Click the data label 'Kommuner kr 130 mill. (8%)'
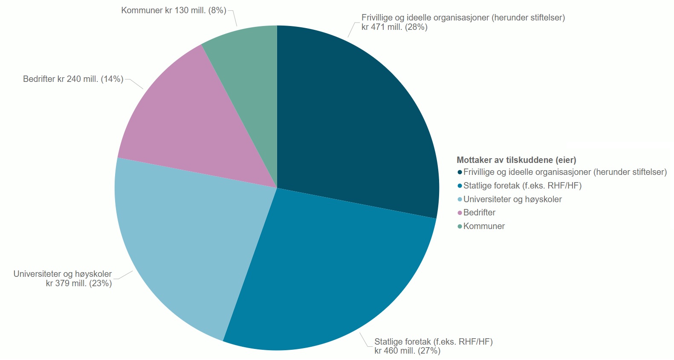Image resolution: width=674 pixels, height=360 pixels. point(174,10)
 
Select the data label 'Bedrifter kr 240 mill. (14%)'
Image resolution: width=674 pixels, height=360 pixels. point(73,79)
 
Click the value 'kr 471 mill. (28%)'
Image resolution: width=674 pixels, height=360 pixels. point(394,27)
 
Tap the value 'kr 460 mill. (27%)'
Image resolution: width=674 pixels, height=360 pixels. point(407,351)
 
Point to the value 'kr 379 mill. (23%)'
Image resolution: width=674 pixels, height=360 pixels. point(79,283)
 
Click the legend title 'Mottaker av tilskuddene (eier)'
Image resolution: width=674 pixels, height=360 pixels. point(516,160)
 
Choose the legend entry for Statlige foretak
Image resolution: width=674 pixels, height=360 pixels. point(522,186)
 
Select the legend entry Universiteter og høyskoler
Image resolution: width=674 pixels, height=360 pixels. point(512,199)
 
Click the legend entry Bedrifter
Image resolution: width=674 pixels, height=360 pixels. point(479,212)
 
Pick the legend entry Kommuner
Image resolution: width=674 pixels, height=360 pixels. point(484,226)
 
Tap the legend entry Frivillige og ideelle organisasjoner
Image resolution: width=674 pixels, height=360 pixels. point(565,172)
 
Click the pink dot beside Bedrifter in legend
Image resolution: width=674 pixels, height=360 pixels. point(460,213)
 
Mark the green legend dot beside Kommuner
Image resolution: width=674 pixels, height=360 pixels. point(460,226)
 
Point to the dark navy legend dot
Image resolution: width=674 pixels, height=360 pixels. point(460,172)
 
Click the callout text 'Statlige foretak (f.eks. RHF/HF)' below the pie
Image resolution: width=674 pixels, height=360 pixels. point(433,342)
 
